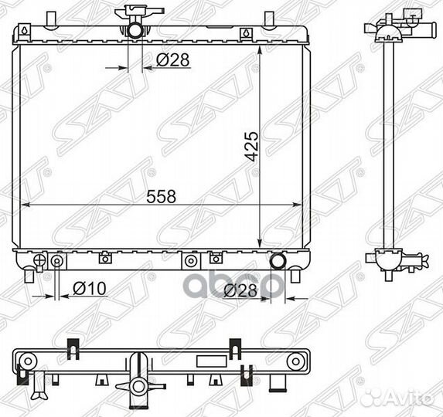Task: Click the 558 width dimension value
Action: coord(162,196)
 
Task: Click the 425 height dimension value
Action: coord(251,146)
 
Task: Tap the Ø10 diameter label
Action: coord(90,288)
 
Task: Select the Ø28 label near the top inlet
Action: coord(172,59)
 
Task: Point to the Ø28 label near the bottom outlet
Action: coord(240,291)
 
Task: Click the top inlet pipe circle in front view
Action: coord(135,30)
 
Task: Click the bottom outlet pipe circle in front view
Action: coord(278,261)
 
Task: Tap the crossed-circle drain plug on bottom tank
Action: coord(39,260)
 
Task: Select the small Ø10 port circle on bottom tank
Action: coord(56,262)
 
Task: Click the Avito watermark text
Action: coord(409,398)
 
